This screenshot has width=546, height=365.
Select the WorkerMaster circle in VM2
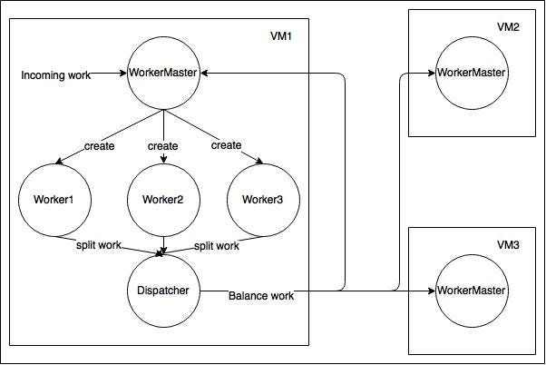pyautogui.click(x=470, y=72)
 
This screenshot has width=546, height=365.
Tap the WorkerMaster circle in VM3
pyautogui.click(x=470, y=291)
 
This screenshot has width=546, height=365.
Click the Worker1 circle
pyautogui.click(x=54, y=199)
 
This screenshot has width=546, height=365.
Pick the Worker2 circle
pyautogui.click(x=163, y=199)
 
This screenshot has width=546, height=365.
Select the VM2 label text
pyautogui.click(x=508, y=27)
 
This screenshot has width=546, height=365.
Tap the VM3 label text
pyautogui.click(x=508, y=245)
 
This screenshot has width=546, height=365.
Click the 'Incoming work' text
pyautogui.click(x=55, y=75)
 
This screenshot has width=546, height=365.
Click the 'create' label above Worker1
pyautogui.click(x=99, y=146)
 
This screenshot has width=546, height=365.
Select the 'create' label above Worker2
pyautogui.click(x=163, y=145)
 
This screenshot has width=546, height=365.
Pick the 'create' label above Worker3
pyautogui.click(x=226, y=145)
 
